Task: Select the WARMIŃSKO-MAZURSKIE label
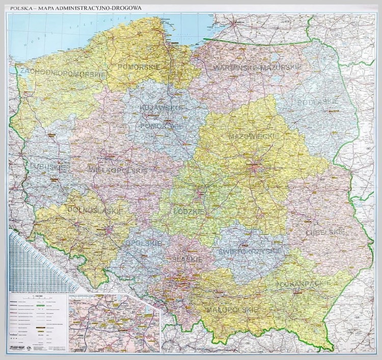pos(257,67)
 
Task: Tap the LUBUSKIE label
pos(42,167)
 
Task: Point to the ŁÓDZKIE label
pos(188,211)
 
